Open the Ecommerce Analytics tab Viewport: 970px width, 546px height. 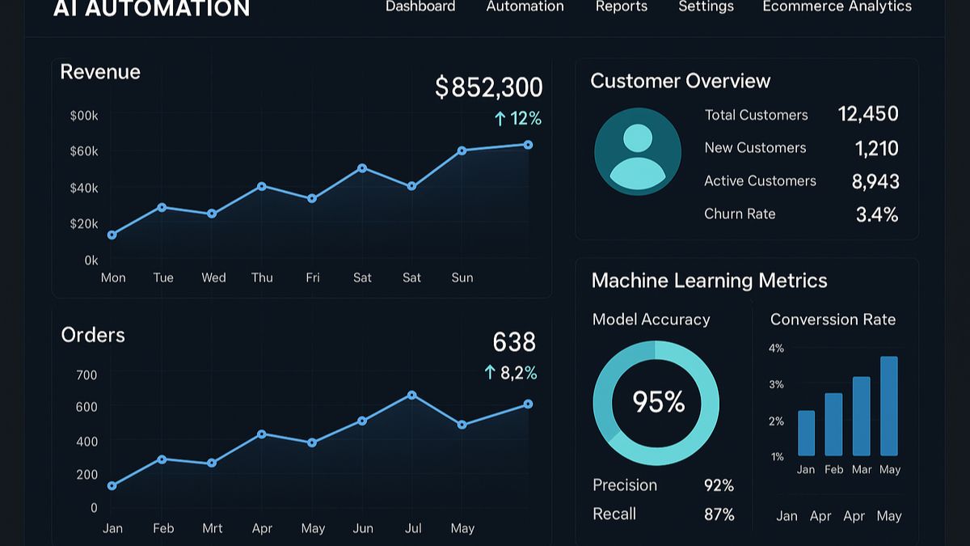click(x=837, y=6)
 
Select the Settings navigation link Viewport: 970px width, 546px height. click(x=706, y=6)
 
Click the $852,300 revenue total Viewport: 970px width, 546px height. click(x=488, y=87)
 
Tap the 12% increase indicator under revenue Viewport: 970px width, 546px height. click(x=517, y=119)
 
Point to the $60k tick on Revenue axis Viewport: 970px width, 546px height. click(x=84, y=151)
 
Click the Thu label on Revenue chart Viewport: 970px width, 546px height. click(x=262, y=277)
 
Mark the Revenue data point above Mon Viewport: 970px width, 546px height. click(x=112, y=235)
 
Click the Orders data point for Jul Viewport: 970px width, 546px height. click(x=412, y=395)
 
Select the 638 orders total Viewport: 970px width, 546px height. click(x=514, y=342)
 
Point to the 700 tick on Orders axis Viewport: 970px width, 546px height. click(x=86, y=375)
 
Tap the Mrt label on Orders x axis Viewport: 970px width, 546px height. click(x=213, y=528)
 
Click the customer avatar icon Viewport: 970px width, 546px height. click(x=638, y=151)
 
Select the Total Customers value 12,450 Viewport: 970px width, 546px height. click(x=868, y=114)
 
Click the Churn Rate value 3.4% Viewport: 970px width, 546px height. click(x=877, y=214)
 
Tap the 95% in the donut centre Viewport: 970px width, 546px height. click(x=658, y=402)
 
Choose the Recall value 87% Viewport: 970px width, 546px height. click(x=719, y=514)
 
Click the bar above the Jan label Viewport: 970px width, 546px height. click(x=806, y=433)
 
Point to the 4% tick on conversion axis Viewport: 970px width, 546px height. click(x=776, y=349)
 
